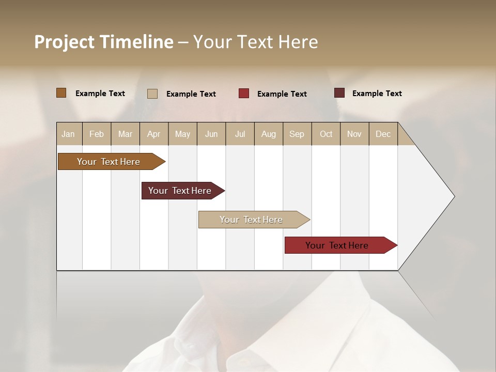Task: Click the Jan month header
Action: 68,134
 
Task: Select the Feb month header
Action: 97,134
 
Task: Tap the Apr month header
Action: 153,134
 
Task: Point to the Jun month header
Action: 211,134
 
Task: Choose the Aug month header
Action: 268,134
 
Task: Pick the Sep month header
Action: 297,134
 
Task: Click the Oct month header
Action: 326,134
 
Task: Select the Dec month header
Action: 383,134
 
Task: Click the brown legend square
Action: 61,93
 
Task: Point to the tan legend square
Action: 152,94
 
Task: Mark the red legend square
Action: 244,94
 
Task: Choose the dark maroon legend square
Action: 339,93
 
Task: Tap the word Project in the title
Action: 65,42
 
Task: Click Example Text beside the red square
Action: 282,94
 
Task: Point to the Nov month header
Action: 354,134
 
